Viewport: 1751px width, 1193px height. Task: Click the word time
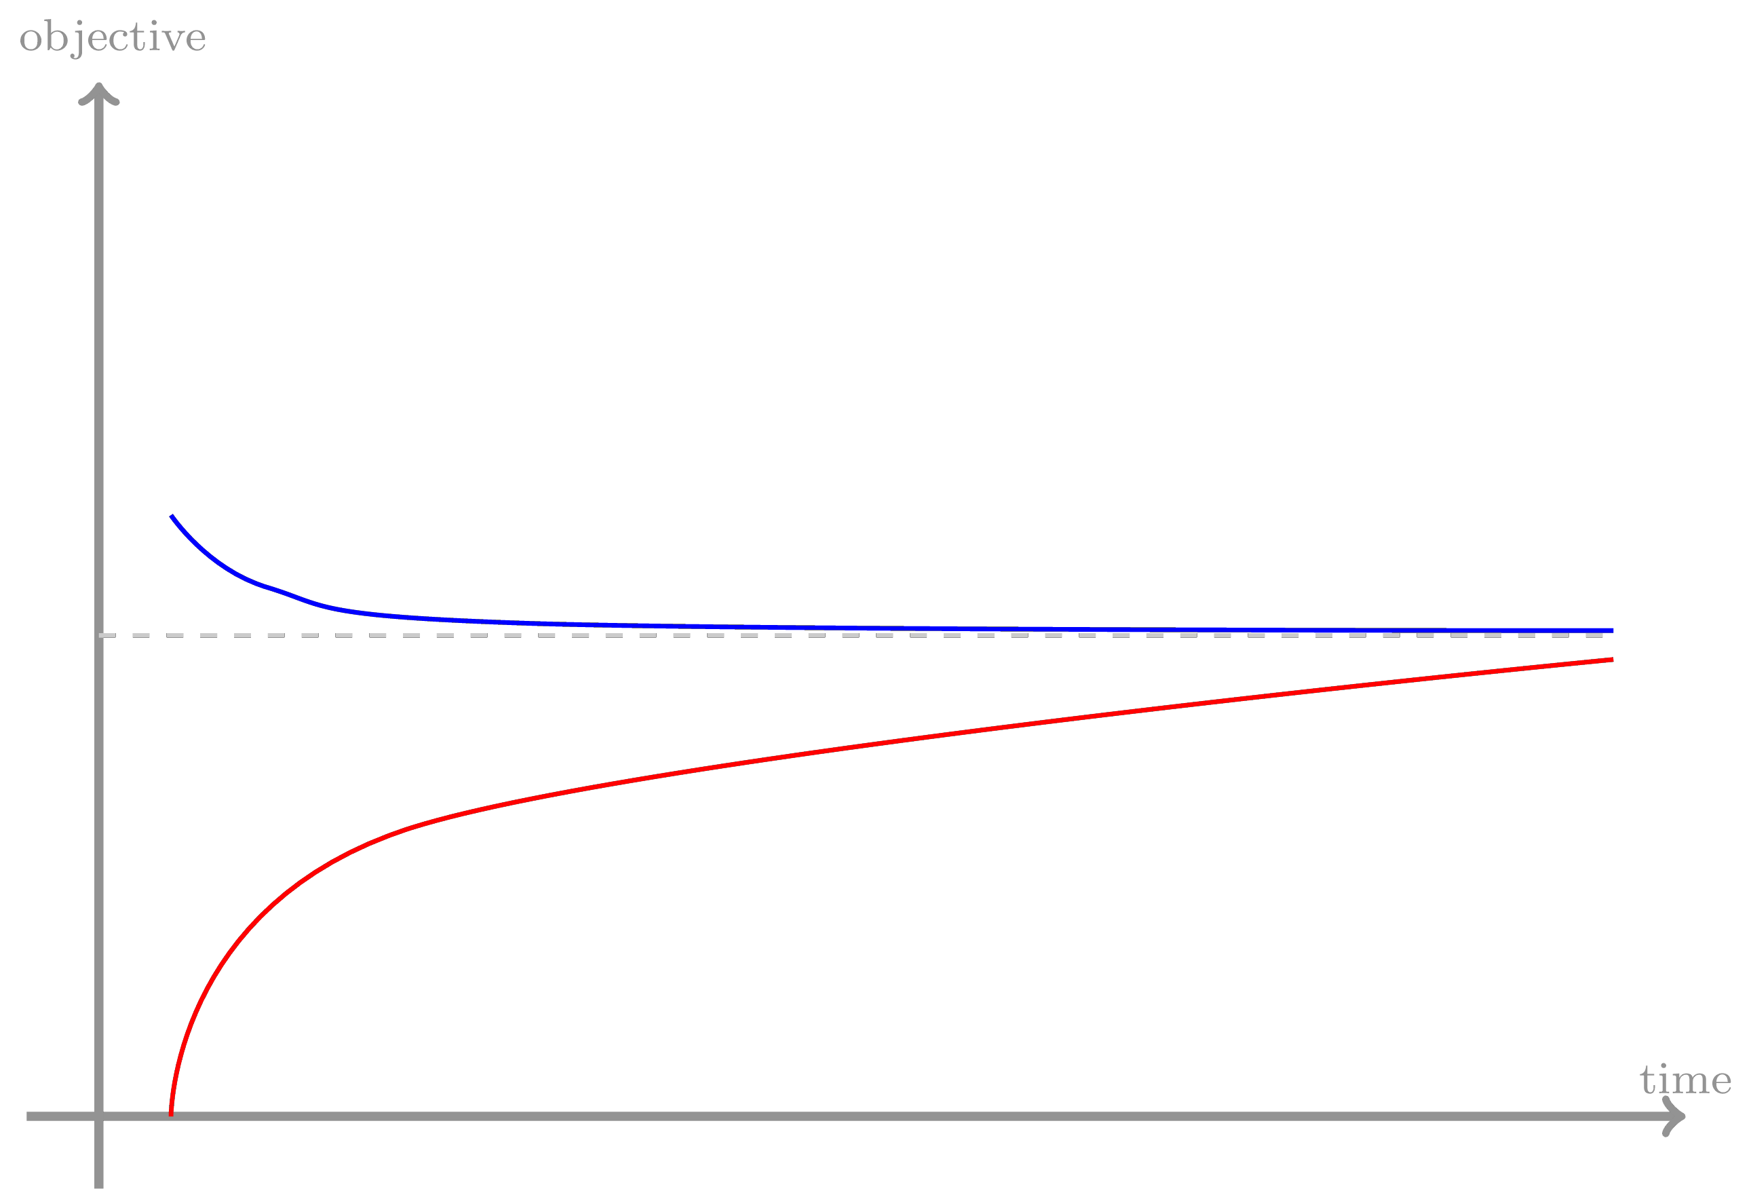(1685, 1081)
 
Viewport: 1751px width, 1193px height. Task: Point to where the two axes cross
(98, 1116)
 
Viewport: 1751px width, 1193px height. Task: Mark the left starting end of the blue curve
(172, 516)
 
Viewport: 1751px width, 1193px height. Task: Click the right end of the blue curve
(1613, 630)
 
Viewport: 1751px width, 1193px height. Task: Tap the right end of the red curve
(1613, 660)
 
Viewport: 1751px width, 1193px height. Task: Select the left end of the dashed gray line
(102, 635)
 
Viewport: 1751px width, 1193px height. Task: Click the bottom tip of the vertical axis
(98, 1186)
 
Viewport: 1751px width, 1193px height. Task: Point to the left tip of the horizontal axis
(28, 1116)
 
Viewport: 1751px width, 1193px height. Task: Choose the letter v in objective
(173, 39)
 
